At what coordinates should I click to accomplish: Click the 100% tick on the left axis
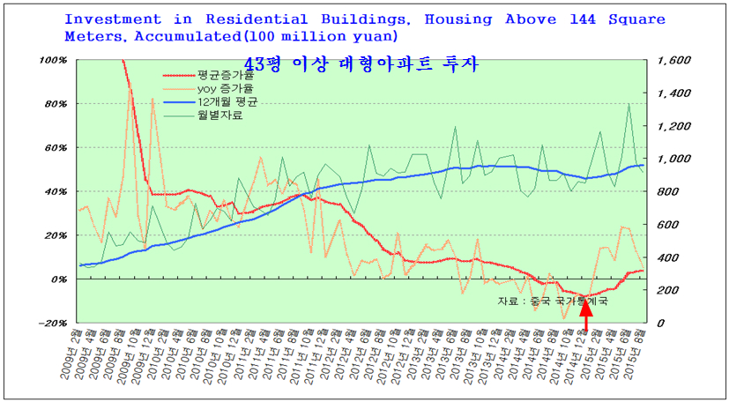[x=54, y=61]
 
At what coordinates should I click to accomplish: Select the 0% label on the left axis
[x=59, y=279]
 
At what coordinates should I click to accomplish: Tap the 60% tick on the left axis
[x=56, y=148]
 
